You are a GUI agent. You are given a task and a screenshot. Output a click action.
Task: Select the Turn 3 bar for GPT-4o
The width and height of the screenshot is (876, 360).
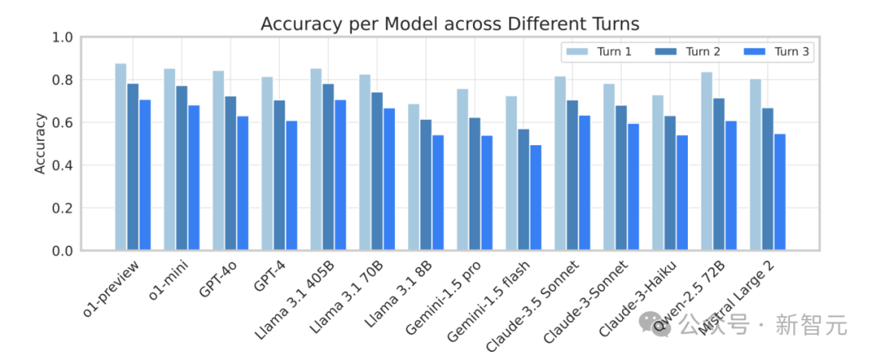click(243, 183)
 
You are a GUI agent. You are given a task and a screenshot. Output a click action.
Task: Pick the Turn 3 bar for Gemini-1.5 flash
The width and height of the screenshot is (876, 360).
click(535, 198)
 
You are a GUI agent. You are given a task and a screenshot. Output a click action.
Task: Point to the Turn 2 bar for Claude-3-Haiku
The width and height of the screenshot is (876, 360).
click(670, 183)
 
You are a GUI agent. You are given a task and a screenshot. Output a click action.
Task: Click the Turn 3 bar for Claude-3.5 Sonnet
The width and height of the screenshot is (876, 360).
click(584, 183)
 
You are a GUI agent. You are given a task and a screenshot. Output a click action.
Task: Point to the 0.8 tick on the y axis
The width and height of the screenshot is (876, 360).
click(62, 80)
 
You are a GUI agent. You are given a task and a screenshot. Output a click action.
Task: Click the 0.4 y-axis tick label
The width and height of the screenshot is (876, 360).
click(62, 165)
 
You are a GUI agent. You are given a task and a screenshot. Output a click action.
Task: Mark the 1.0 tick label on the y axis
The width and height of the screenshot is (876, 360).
click(62, 37)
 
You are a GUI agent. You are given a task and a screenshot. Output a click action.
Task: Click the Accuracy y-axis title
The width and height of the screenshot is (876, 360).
click(39, 144)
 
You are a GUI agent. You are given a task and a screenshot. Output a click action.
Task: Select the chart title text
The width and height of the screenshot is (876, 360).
click(450, 24)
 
